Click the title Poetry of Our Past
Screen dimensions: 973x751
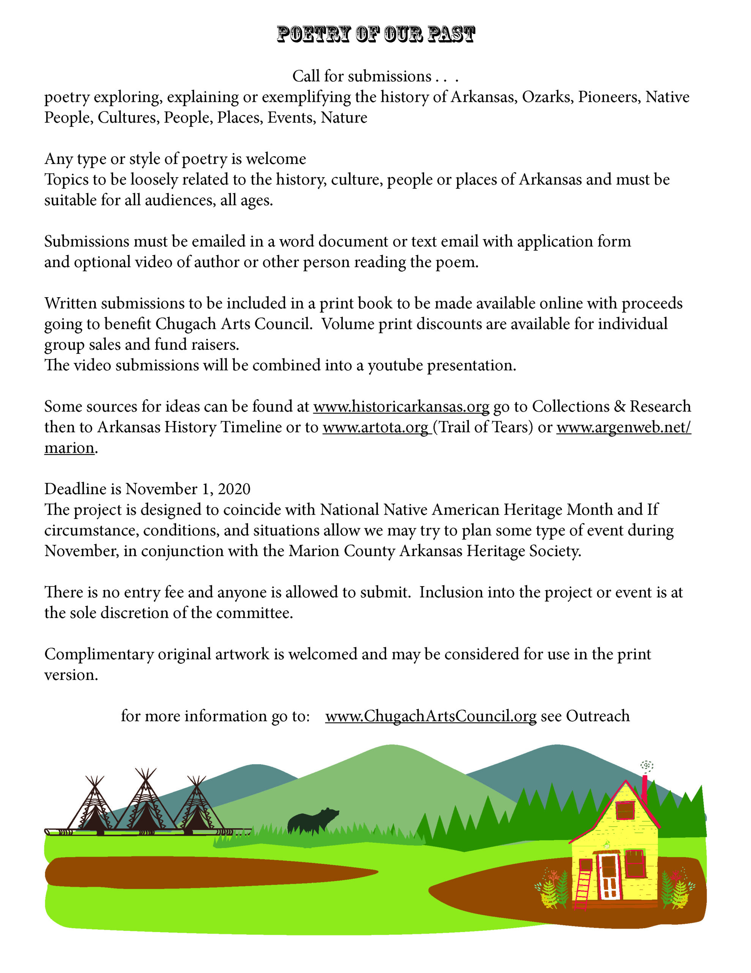tap(375, 34)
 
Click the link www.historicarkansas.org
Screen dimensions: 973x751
tap(401, 407)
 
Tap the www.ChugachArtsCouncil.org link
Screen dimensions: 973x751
tap(431, 716)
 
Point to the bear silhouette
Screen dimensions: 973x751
tap(312, 821)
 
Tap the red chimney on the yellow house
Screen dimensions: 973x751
tap(644, 789)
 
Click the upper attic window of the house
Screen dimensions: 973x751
tap(625, 810)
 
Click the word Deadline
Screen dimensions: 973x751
tap(75, 489)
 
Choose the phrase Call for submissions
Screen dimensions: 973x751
tap(362, 76)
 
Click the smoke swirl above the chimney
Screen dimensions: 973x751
tap(646, 765)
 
